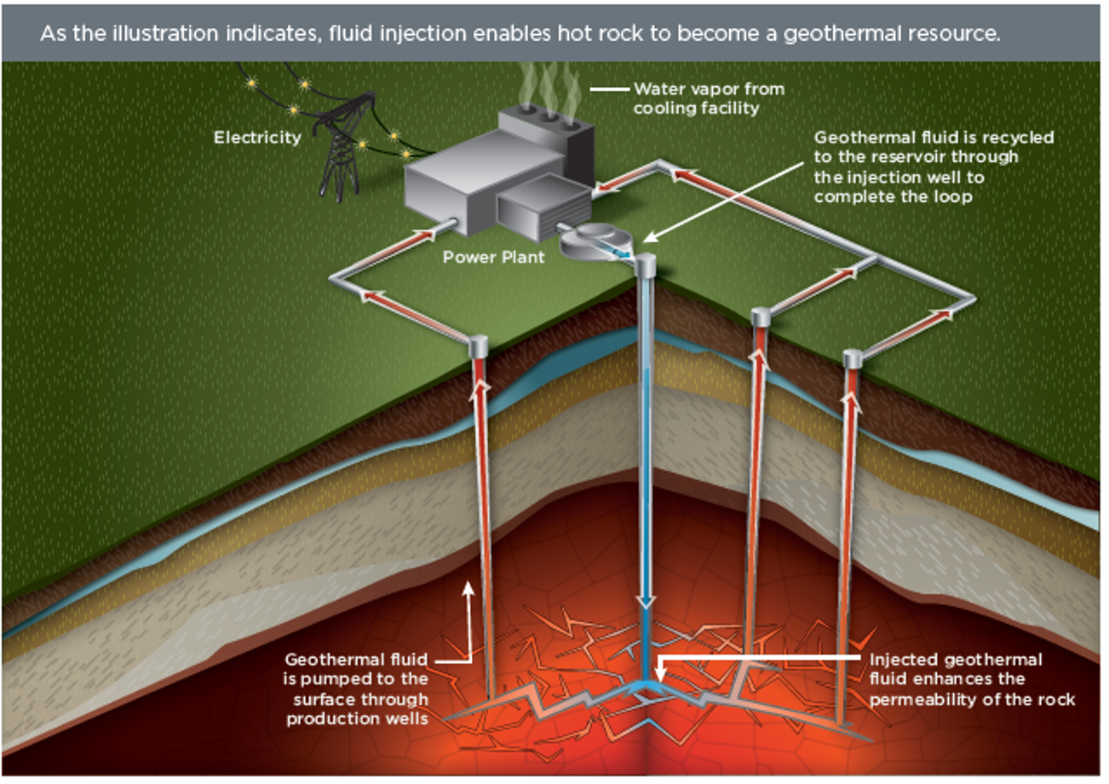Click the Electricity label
coord(256,137)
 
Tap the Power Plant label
coord(493,256)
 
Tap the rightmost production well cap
coord(853,358)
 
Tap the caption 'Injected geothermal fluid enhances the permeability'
coord(971,680)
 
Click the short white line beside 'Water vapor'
coord(609,89)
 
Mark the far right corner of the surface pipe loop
coord(972,298)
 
